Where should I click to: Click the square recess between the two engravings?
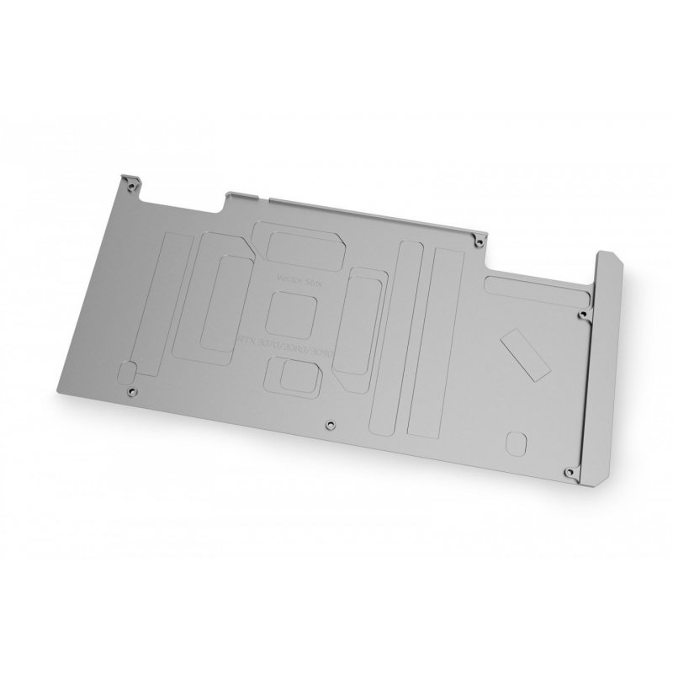click(x=289, y=309)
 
